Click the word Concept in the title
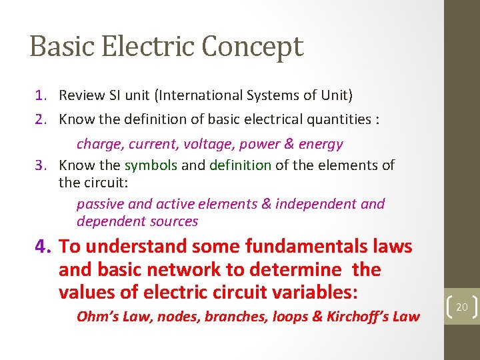coord(252,47)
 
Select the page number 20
coord(462,307)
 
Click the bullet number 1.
coord(41,95)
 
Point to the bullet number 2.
coord(41,119)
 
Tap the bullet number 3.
coord(41,165)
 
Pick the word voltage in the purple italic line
coord(211,144)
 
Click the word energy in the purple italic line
coord(321,144)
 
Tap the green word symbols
coord(151,165)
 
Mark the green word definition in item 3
coord(240,165)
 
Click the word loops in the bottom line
coord(286,317)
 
